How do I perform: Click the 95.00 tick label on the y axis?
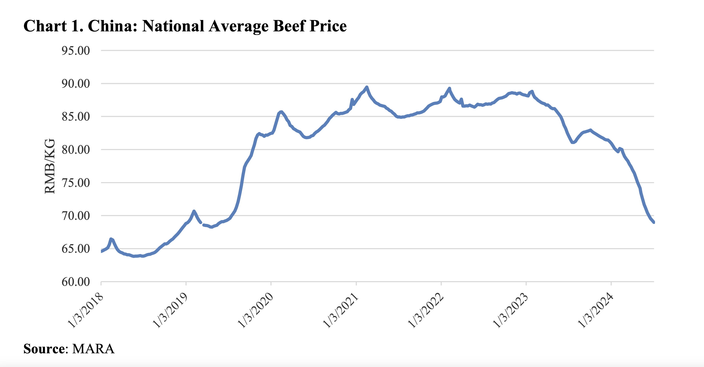point(76,51)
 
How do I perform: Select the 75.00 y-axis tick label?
point(76,183)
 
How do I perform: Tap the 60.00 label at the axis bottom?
point(76,282)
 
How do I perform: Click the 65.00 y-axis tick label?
point(76,249)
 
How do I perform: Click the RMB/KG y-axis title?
point(50,166)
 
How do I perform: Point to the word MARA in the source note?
point(93,349)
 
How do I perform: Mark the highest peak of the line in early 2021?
point(367,87)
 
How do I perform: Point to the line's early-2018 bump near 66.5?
point(111,239)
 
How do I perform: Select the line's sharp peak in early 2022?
point(450,88)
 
